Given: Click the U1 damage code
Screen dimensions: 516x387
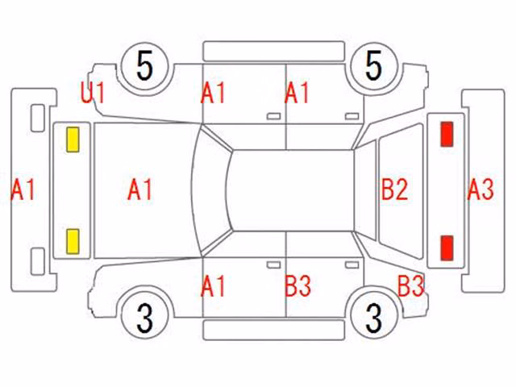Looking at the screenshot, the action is coord(93,94).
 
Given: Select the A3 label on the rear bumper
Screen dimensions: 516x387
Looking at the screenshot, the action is coord(481,189).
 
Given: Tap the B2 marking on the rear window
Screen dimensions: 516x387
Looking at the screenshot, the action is coord(394,189).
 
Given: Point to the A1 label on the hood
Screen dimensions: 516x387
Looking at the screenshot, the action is coord(139,189).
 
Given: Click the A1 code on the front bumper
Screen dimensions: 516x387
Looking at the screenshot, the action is coord(23,189).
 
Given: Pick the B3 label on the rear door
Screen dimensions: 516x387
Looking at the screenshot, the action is coord(298,286).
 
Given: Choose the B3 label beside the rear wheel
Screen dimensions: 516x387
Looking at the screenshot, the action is coord(411,286).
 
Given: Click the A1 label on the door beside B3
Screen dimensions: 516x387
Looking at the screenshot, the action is coord(213,286).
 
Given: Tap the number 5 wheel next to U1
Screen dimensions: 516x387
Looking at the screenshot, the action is coord(145,67).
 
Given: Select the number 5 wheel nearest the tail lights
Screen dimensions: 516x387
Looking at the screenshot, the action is coord(374,67).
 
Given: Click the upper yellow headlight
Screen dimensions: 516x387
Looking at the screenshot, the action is coord(73,139).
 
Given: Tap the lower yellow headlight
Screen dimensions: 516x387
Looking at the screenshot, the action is coord(73,242).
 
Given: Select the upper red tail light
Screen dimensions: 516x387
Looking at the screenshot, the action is coord(447,134).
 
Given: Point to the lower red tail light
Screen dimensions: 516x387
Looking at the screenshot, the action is coord(447,248).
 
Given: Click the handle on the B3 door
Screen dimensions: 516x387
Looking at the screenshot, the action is coord(352,265).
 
